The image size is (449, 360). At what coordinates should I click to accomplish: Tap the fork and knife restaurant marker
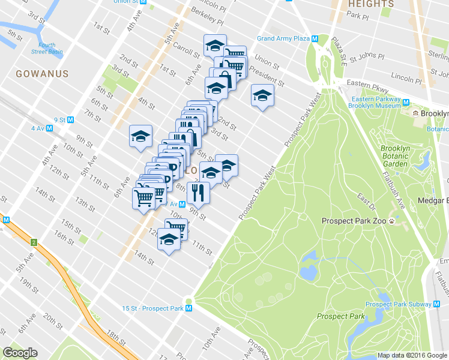tap(196, 193)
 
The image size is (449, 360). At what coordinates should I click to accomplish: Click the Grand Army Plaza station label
tap(283, 39)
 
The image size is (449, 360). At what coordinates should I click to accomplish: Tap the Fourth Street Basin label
tap(47, 48)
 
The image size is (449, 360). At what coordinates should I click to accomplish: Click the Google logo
tap(20, 353)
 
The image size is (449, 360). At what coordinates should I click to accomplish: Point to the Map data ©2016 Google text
tap(412, 355)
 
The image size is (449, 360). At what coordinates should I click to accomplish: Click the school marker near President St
tap(262, 95)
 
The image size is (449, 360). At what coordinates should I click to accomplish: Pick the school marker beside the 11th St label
tap(169, 239)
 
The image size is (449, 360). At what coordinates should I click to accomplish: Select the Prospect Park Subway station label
tap(395, 304)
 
